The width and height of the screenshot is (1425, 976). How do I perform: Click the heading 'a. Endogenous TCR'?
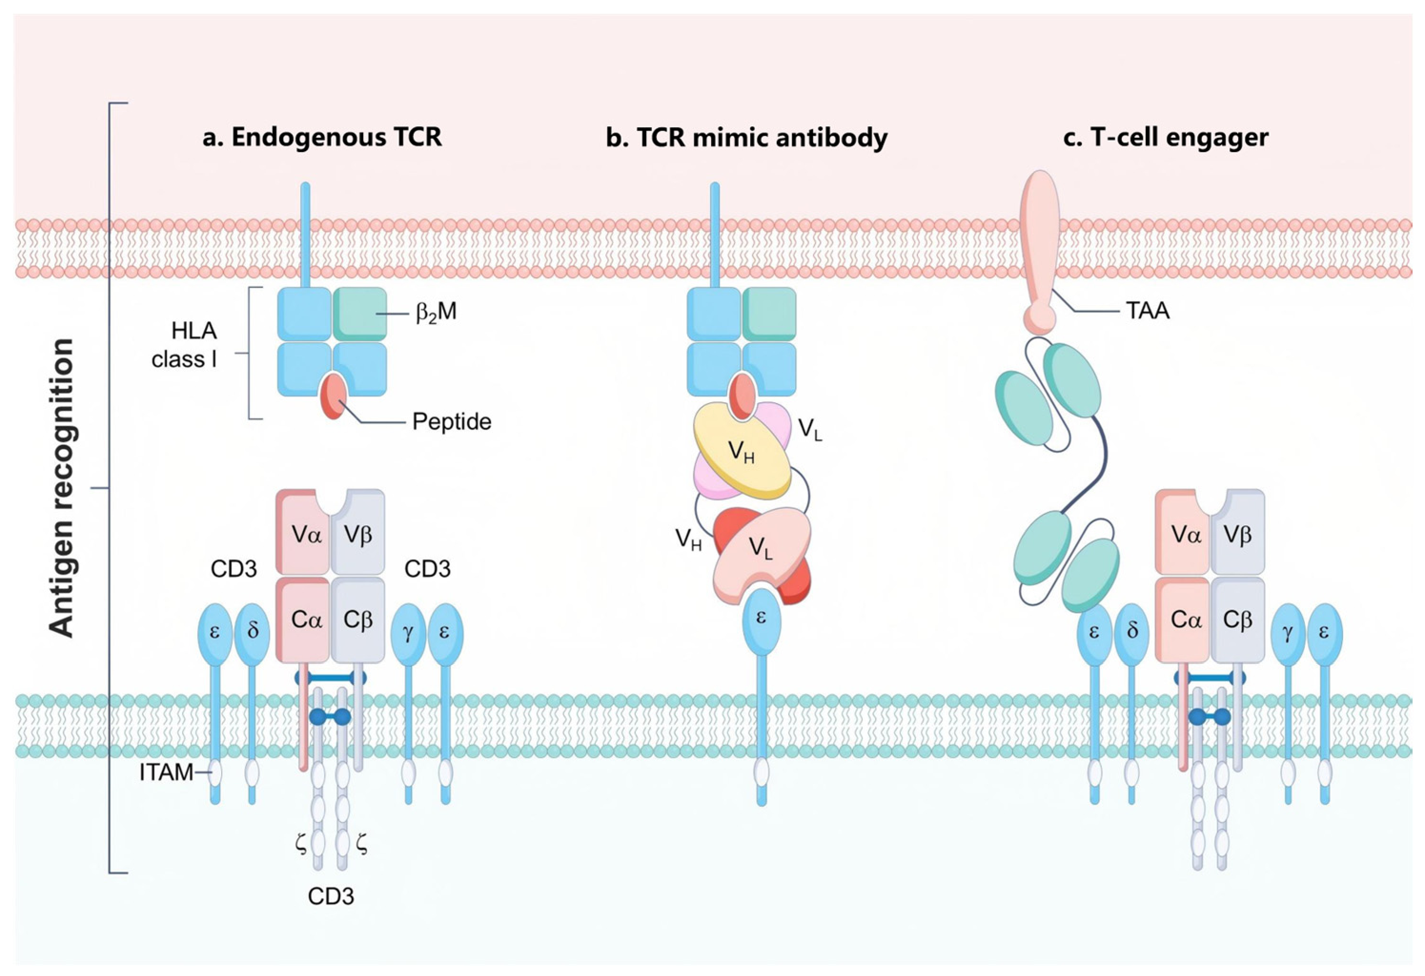(x=322, y=137)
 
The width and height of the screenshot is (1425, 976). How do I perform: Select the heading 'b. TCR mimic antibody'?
(x=746, y=137)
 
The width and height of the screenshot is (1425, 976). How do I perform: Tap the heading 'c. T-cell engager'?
(x=1166, y=137)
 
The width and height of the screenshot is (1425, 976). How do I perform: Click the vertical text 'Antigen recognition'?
(x=61, y=488)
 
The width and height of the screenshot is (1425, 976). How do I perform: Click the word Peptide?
(x=452, y=422)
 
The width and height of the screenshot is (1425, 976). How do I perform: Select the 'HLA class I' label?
(x=184, y=345)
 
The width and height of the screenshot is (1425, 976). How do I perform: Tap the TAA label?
(x=1148, y=312)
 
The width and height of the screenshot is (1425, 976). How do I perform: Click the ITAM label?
(x=166, y=773)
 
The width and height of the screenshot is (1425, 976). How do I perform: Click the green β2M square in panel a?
(x=360, y=314)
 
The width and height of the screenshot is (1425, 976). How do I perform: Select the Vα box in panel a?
(x=303, y=532)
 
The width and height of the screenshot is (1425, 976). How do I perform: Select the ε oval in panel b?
(x=762, y=619)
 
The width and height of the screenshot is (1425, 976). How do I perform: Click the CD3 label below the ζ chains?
(x=331, y=897)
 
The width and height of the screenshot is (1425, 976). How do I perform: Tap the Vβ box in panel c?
(x=1237, y=532)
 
